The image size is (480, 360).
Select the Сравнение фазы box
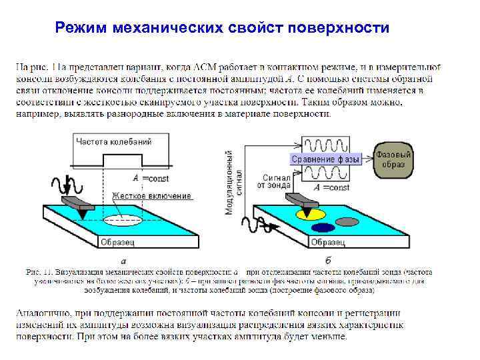point(325,159)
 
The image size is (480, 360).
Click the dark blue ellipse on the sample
point(313,227)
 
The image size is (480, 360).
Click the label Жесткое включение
point(151,196)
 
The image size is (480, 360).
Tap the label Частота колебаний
point(113,141)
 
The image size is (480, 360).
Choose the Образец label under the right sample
point(328,241)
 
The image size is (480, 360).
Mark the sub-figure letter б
point(327,260)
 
